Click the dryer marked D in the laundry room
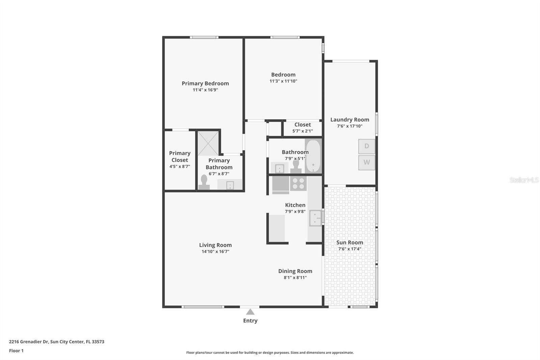pos(367,146)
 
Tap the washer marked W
pos(367,162)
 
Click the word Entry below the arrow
pos(250,321)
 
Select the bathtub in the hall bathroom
pos(313,156)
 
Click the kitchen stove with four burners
pos(298,184)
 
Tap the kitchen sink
pos(316,218)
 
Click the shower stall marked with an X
pos(208,143)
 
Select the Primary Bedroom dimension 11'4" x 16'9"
pos(205,90)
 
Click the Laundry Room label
pos(350,120)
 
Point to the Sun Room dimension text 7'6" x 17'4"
pos(350,249)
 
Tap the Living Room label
pos(215,245)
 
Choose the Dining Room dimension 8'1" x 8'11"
pos(295,278)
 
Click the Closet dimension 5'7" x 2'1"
pos(302,131)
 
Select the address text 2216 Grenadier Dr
pos(29,342)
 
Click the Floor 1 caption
pos(16,351)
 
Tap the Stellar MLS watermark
pos(524,180)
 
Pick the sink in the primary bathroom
pos(230,185)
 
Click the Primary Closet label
pos(180,157)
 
